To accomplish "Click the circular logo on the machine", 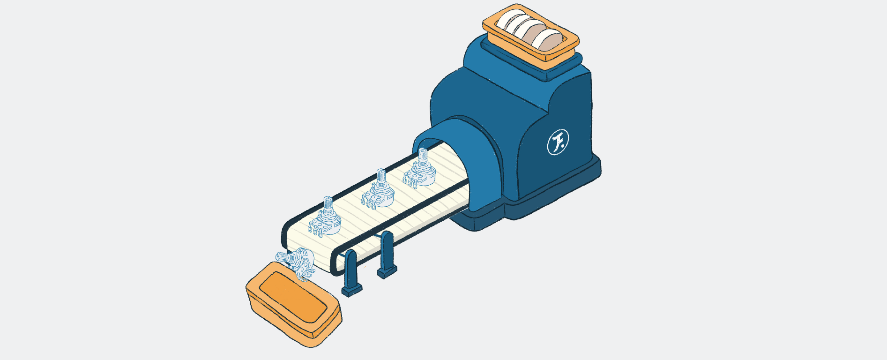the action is [x=558, y=142].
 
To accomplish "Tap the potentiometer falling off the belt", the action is [x=297, y=264].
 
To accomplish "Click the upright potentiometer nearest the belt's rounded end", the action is [x=325, y=218].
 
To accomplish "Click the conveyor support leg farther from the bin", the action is [x=387, y=255].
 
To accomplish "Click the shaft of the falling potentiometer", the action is [x=283, y=257].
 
